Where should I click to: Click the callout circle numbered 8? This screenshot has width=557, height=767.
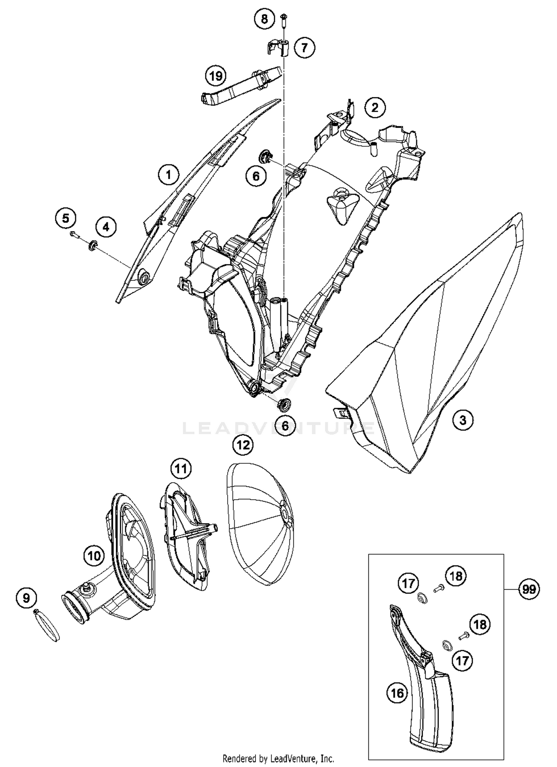coord(264,19)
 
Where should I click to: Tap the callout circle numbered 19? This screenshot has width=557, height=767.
coord(216,76)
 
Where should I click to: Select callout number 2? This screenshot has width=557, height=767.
coord(375,108)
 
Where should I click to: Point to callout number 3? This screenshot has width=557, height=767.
coord(463,420)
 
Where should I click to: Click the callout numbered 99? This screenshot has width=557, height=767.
coord(528,589)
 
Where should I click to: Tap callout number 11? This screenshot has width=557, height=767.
coord(181,469)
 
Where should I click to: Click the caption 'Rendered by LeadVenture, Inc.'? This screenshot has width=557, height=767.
coord(278,758)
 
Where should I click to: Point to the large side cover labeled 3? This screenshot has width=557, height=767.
coord(427,353)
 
